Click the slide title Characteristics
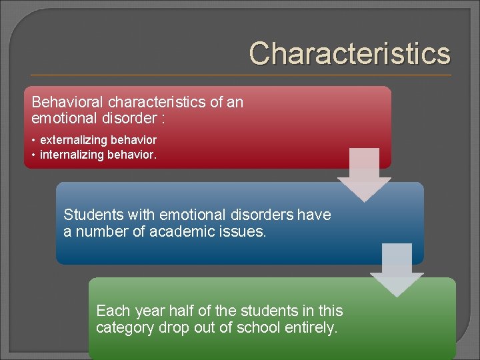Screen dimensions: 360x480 (349, 53)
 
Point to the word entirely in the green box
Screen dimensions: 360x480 (314, 327)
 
